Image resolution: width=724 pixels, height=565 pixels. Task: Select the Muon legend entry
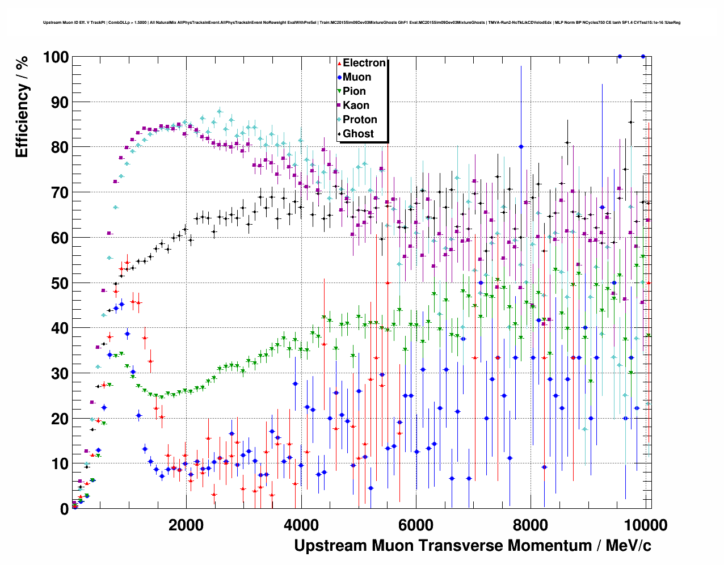[x=356, y=77]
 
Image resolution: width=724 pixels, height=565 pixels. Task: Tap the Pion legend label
[x=354, y=91]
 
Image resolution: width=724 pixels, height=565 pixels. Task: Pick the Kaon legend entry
[x=356, y=106]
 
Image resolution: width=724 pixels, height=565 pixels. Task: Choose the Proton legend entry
[x=360, y=120]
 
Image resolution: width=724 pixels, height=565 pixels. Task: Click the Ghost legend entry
[x=358, y=134]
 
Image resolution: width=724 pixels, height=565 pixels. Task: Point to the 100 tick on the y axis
[x=56, y=57]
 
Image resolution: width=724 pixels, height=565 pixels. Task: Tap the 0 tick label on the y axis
[x=64, y=509]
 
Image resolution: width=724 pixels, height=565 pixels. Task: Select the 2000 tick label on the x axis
[x=186, y=525]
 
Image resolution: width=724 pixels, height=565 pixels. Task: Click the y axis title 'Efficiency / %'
[x=22, y=107]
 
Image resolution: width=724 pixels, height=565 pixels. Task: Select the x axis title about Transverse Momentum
[x=472, y=546]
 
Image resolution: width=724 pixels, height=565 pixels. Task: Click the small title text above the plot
[x=361, y=23]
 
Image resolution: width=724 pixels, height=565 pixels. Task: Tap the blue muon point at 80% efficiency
[x=521, y=146]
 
